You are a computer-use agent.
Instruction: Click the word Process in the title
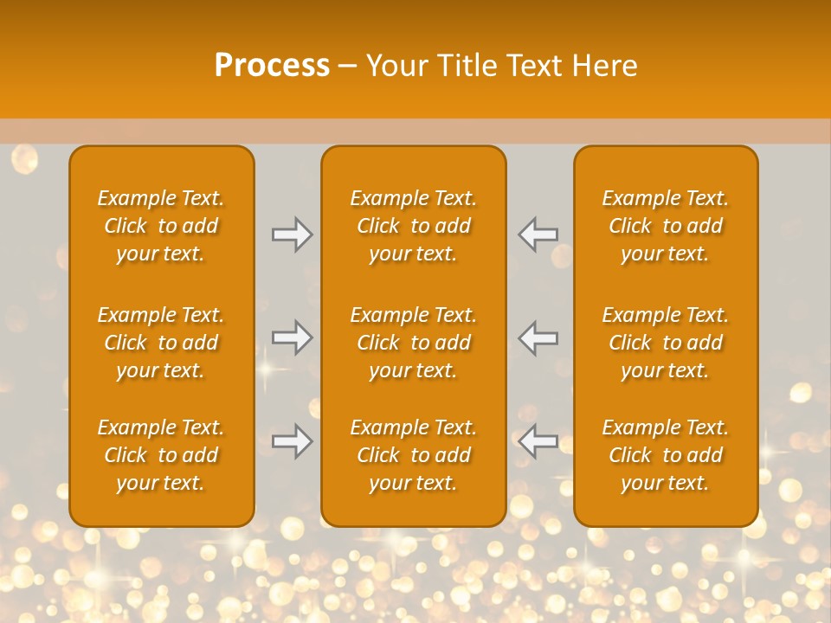pos(272,66)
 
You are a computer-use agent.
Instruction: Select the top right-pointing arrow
pos(293,234)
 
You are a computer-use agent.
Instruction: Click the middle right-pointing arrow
pos(293,337)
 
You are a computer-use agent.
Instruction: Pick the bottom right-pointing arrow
pos(293,441)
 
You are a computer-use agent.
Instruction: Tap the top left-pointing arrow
pos(538,234)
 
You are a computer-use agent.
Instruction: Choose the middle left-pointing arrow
pos(538,337)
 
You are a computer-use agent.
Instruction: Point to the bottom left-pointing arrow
pos(538,441)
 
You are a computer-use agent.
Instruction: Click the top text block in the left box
pos(161,226)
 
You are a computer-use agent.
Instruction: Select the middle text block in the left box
pos(161,343)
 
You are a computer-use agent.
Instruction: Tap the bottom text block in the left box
pos(161,455)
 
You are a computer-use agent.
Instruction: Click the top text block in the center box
pos(413,226)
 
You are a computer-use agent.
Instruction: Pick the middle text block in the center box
pos(413,343)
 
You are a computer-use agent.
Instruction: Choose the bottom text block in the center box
pos(413,455)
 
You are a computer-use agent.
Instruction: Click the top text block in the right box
pos(666,226)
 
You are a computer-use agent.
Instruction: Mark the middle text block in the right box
pos(666,343)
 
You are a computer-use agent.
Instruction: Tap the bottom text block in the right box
pos(666,455)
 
